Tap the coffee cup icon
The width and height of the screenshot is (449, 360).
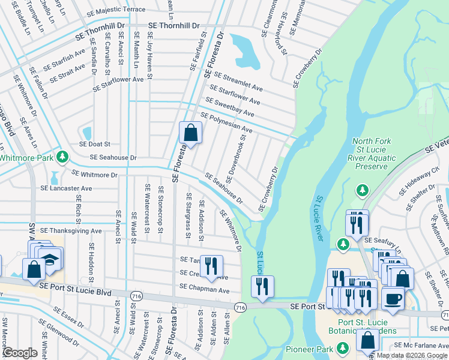pos(393,299)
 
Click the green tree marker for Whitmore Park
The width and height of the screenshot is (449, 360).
pos(62,157)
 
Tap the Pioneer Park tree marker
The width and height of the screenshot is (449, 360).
pos(342,347)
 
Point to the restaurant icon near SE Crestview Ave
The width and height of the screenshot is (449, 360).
pos(211,266)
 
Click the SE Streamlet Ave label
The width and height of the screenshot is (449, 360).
pos(238,82)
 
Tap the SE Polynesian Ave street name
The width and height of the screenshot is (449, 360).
pos(226,123)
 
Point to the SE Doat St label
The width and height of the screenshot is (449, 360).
pos(95,144)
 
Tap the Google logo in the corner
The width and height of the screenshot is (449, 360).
pos(20,353)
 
